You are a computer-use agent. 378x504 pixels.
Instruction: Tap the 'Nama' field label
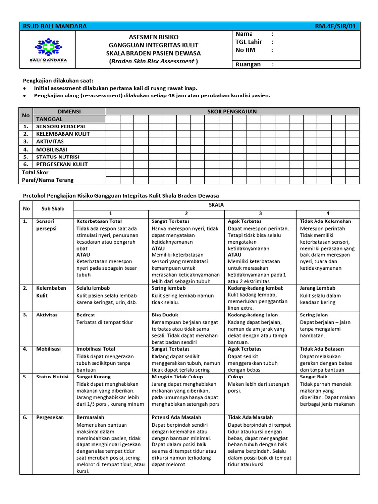click(x=244, y=34)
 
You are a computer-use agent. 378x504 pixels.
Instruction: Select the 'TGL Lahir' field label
click(x=249, y=42)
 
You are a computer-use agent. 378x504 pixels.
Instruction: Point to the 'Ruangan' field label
click(x=248, y=64)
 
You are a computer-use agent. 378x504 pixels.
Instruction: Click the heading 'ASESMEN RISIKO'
click(x=154, y=37)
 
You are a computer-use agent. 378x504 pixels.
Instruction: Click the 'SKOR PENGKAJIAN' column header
click(x=232, y=112)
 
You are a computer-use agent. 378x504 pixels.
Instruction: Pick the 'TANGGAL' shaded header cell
click(x=49, y=119)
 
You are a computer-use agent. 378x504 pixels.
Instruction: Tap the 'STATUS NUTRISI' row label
click(x=58, y=157)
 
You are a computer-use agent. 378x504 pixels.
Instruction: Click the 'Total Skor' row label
click(x=35, y=172)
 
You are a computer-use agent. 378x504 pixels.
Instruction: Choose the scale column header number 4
click(x=328, y=213)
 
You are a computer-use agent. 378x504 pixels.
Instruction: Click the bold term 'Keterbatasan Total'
click(x=99, y=221)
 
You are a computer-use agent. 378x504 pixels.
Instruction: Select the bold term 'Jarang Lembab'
click(x=317, y=288)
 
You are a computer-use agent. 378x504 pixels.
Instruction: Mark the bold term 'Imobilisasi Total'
click(x=96, y=349)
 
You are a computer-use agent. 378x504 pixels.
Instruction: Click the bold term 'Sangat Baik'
click(x=314, y=377)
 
